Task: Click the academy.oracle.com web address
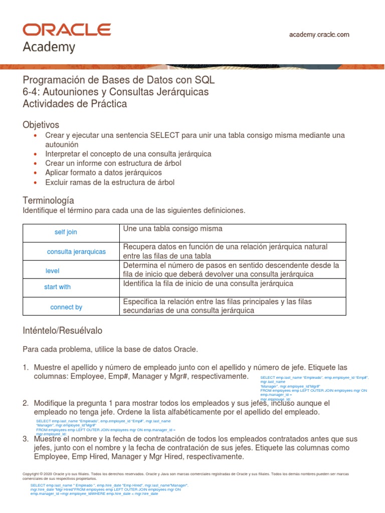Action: coord(319,35)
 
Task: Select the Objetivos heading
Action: coord(41,124)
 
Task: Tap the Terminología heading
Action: coord(49,200)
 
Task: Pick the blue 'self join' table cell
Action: coord(66,232)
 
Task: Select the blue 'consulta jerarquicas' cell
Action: coord(76,251)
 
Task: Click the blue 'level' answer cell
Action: coord(52,271)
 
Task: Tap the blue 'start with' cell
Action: coord(57,287)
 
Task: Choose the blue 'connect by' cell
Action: coord(66,307)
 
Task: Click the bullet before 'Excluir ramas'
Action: coord(35,183)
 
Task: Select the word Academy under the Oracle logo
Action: coord(49,47)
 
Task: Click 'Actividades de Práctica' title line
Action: coord(75,104)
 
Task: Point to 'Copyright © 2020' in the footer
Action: coord(42,473)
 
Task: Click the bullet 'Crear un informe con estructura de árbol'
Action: coord(113,163)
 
